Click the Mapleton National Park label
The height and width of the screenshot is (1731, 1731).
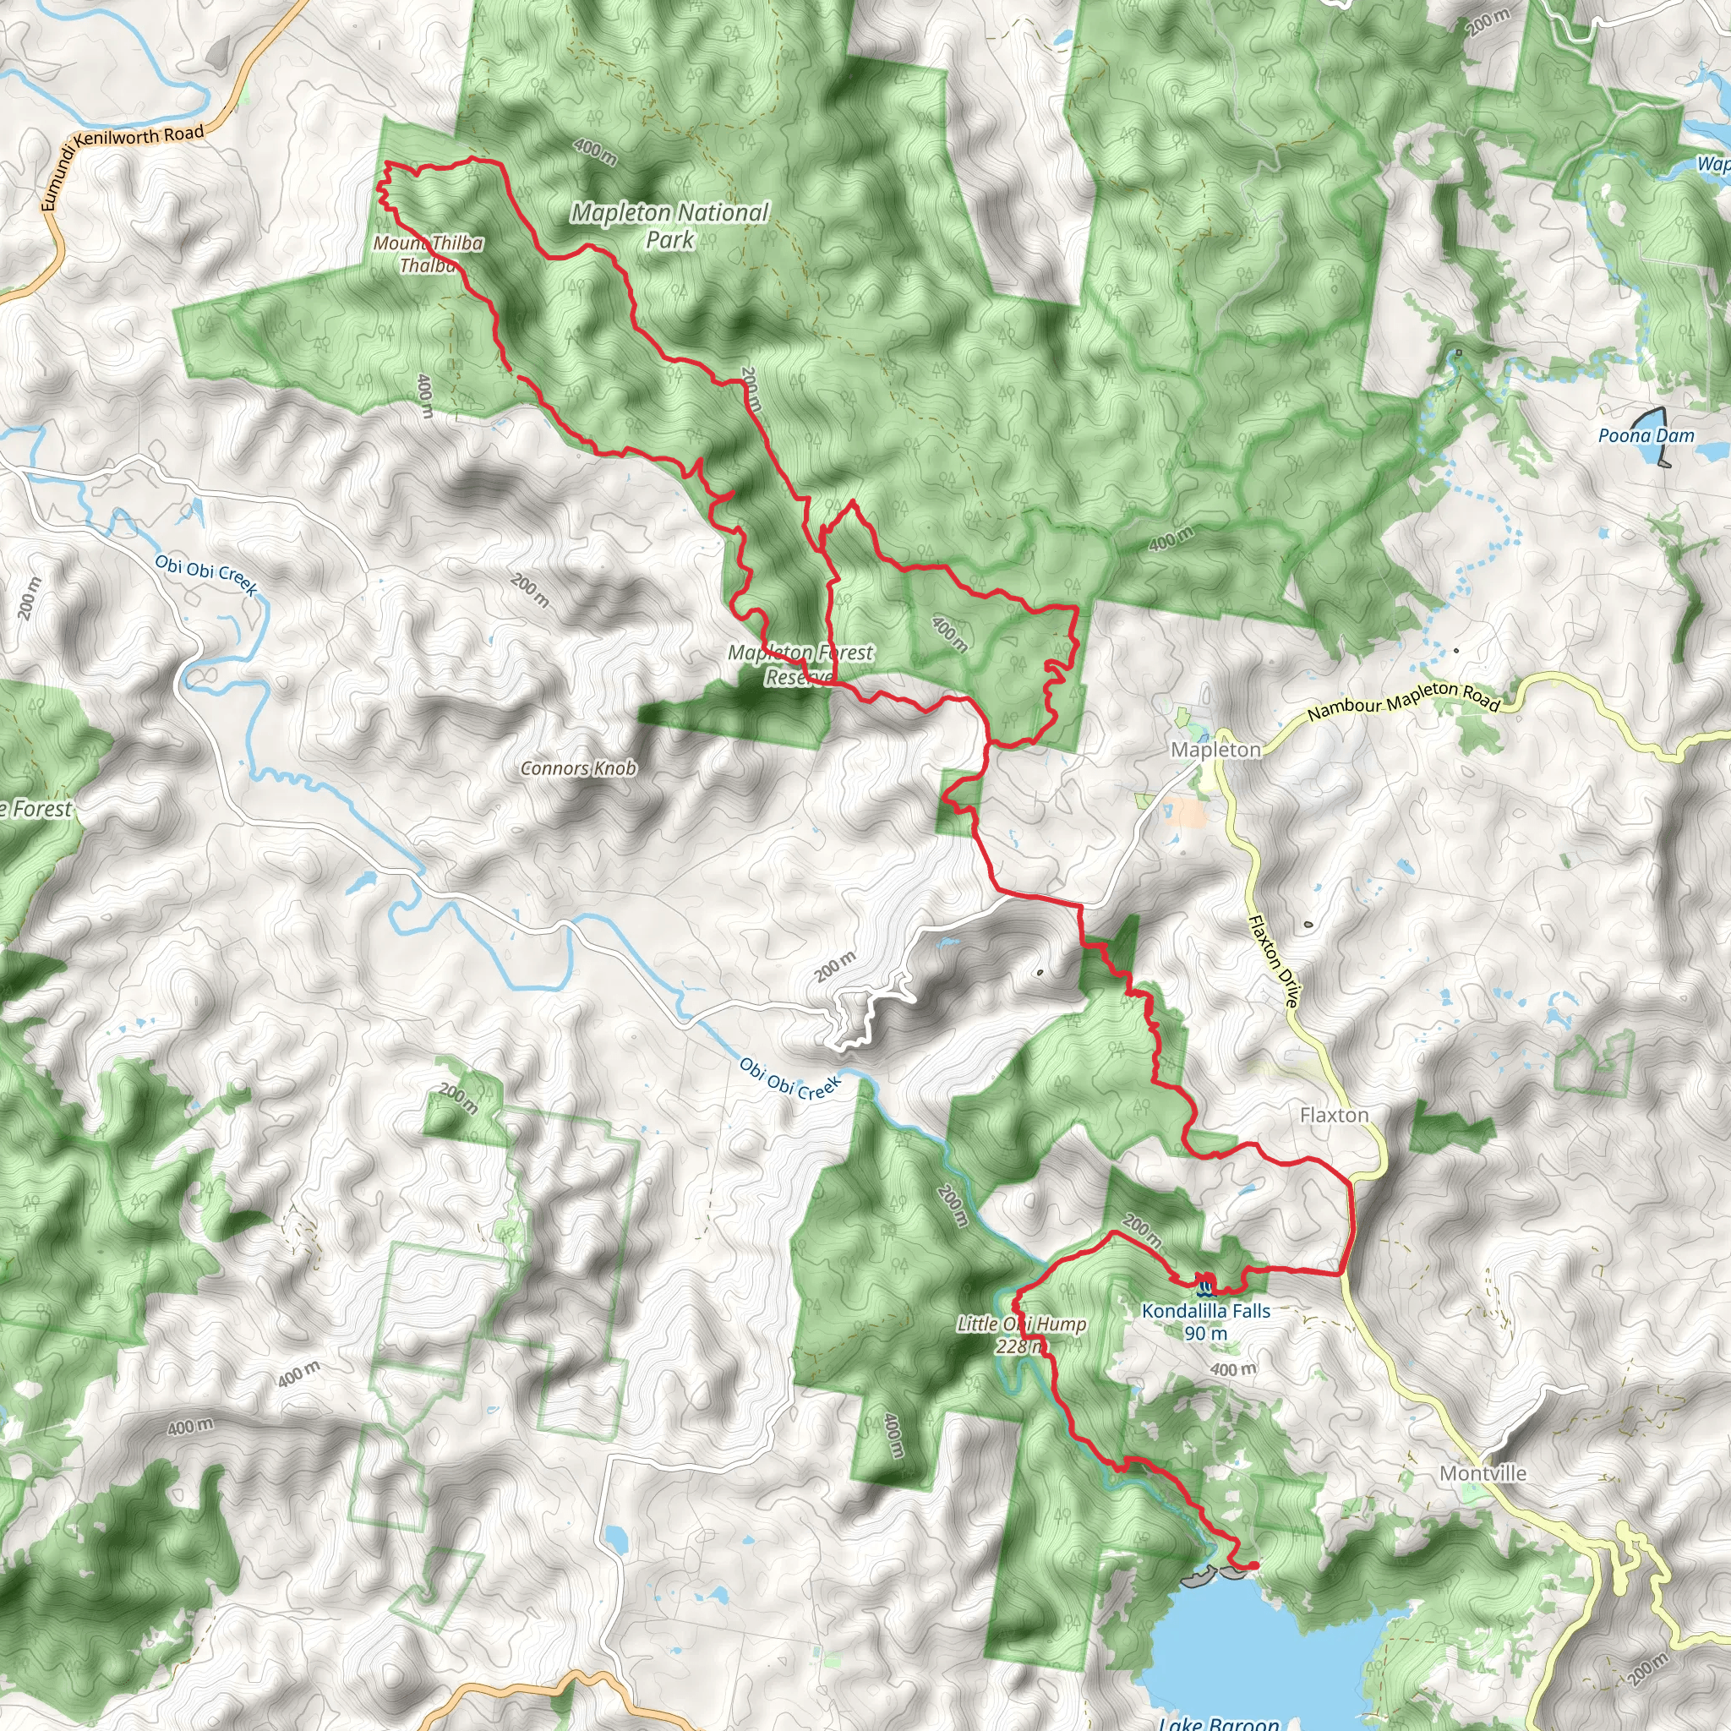pos(670,226)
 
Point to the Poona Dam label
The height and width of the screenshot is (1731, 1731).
pos(1646,436)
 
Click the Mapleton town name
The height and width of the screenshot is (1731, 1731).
pos(1215,750)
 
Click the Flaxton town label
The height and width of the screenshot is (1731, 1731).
pos(1333,1116)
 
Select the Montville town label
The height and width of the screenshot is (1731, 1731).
pos(1483,1473)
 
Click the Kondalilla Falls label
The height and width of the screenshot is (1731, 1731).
pos(1205,1311)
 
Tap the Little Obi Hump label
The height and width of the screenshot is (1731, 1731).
pos(1021,1324)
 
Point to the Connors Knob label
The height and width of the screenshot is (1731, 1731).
pos(578,769)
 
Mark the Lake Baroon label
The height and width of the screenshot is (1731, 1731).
pos(1219,1722)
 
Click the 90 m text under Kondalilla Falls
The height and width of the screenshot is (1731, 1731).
pos(1205,1333)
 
